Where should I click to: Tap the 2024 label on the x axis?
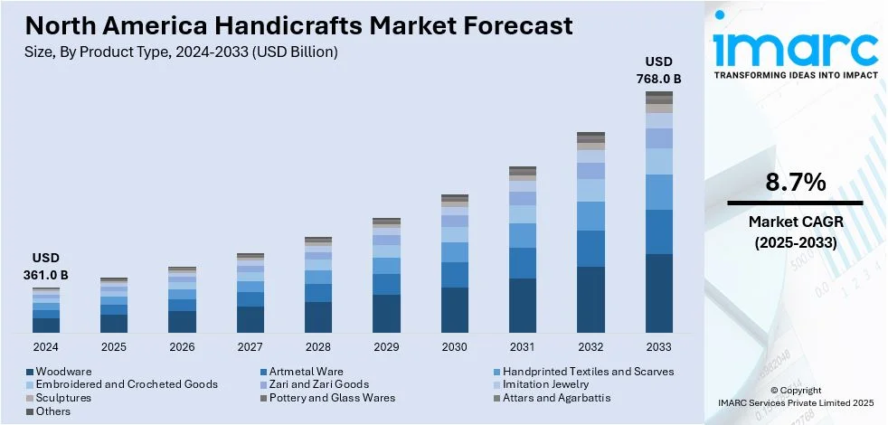point(46,346)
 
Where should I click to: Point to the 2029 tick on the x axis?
point(386,346)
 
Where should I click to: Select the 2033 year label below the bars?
point(658,346)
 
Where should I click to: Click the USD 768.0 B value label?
point(658,70)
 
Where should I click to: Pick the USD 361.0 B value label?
point(46,266)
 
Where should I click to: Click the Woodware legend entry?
point(64,372)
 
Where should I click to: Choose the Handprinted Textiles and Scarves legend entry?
point(588,372)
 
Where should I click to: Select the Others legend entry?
point(54,411)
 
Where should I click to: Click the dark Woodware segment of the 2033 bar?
point(658,294)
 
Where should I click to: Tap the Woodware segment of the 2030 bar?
point(455,310)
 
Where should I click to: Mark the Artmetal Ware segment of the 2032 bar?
point(590,249)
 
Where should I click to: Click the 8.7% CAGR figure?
point(795,183)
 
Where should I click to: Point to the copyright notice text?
point(795,395)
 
